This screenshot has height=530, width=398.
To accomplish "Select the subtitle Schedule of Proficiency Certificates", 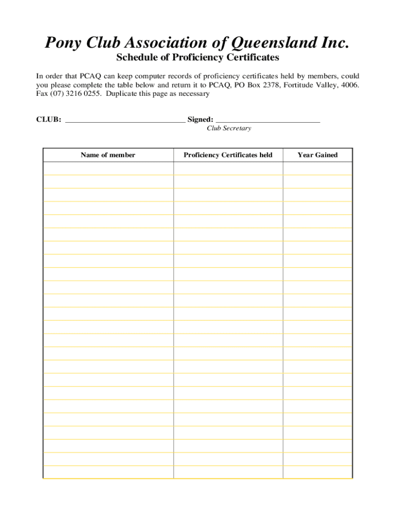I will click(x=197, y=57).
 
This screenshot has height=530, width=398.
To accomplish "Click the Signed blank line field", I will click(x=268, y=120).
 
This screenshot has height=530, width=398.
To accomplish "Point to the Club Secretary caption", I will click(x=229, y=128).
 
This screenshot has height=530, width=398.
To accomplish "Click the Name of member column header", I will click(x=108, y=155).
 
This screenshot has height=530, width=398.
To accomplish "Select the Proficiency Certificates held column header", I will click(x=228, y=155).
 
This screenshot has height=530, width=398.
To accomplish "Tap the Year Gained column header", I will click(x=317, y=155).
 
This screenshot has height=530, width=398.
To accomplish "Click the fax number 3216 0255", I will click(x=82, y=94).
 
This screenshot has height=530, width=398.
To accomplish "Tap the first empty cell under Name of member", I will click(x=108, y=168).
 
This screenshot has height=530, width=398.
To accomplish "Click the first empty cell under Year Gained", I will click(x=317, y=168).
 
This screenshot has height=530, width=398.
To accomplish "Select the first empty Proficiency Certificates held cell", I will click(x=228, y=168).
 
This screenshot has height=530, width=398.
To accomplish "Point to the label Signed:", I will click(x=201, y=120).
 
